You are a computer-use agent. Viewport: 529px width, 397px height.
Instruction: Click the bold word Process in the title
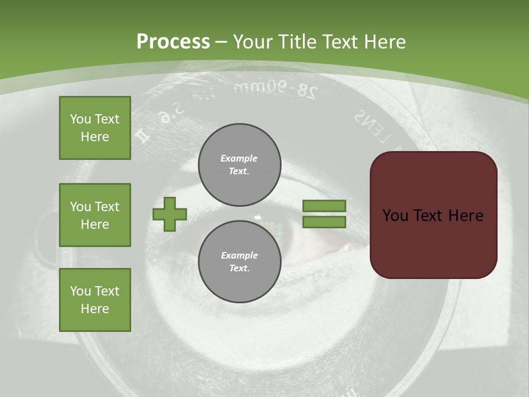click(x=173, y=42)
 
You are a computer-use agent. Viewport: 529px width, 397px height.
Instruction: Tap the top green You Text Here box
click(x=95, y=128)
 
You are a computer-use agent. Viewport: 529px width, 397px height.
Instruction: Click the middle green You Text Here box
click(x=95, y=215)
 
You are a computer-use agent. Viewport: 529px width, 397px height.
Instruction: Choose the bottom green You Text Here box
click(x=95, y=300)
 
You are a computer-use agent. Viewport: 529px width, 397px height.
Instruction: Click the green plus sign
click(x=170, y=214)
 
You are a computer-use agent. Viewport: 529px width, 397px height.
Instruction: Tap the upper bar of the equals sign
click(x=324, y=206)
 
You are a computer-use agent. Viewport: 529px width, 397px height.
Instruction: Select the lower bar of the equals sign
click(x=324, y=222)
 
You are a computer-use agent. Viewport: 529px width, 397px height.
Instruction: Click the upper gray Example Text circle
click(x=240, y=164)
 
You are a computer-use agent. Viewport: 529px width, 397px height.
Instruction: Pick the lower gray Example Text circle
click(x=240, y=261)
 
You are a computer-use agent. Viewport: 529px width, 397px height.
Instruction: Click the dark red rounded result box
click(x=433, y=215)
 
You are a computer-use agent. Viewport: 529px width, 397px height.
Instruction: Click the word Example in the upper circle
click(x=239, y=158)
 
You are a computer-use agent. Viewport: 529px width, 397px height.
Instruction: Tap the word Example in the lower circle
click(x=239, y=255)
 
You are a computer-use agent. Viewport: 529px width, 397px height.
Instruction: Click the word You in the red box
click(x=395, y=215)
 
